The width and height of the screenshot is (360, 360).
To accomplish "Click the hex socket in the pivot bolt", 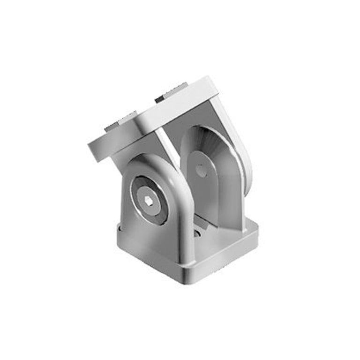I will (149, 201).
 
